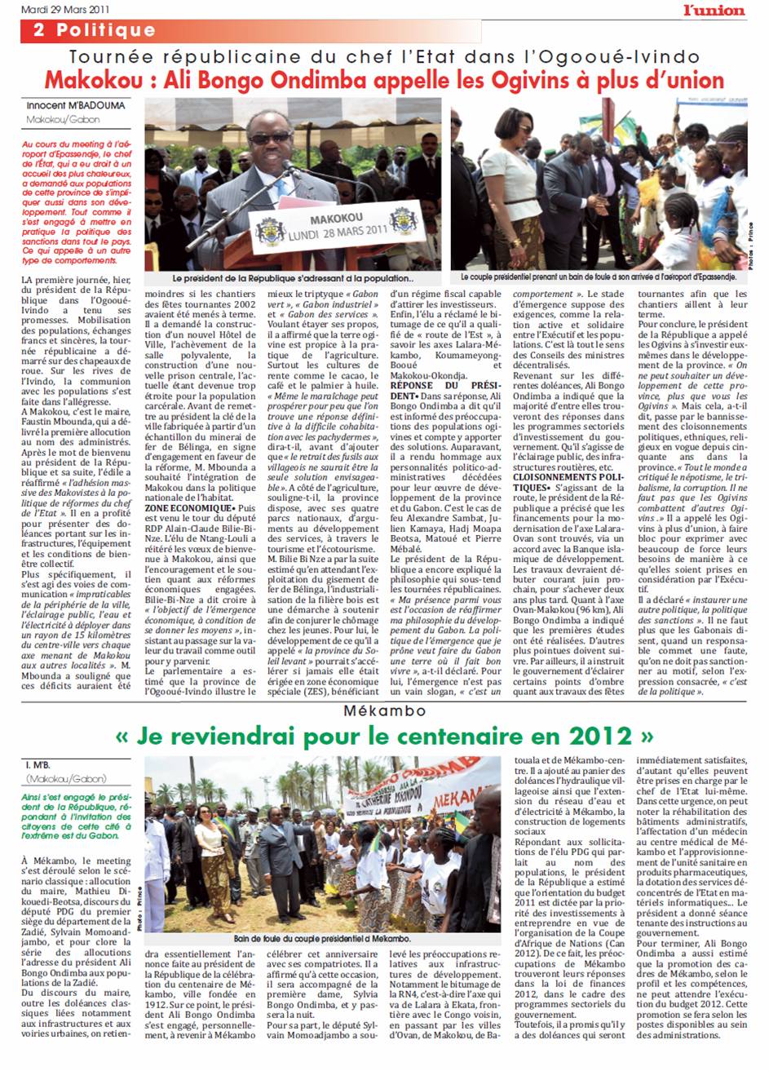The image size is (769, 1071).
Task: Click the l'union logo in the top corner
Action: [x=714, y=9]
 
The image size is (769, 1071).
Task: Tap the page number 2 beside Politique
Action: [x=38, y=30]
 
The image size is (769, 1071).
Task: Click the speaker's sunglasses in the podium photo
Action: [x=271, y=138]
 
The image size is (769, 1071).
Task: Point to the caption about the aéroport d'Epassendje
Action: [x=598, y=277]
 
